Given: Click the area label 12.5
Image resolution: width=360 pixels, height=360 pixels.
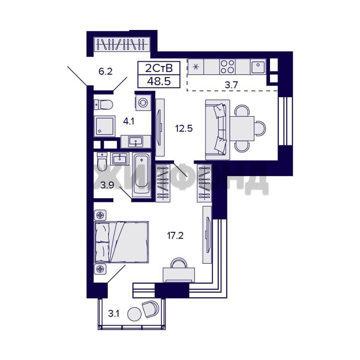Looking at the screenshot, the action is point(184,128).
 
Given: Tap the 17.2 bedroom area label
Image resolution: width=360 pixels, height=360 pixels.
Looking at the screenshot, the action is point(175,236).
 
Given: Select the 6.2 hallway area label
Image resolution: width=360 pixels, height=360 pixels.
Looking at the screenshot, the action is point(105,71).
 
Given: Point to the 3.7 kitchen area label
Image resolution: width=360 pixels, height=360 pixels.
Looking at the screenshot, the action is point(231,85).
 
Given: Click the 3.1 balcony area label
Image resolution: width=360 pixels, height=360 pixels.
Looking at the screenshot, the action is point(114,313).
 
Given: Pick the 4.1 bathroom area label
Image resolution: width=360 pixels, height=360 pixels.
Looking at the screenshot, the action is point(129,121).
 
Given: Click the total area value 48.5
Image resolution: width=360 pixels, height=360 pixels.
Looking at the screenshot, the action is point(159,81).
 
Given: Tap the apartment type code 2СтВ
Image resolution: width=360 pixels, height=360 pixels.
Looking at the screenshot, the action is point(159,68).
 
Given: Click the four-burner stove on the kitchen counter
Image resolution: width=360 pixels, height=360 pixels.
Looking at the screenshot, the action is point(227,67).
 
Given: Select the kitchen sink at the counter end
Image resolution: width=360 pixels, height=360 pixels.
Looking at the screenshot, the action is point(258,67).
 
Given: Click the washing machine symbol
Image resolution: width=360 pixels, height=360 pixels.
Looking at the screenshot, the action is point(143,102).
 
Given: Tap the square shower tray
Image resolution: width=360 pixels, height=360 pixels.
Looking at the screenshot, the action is point(104,126).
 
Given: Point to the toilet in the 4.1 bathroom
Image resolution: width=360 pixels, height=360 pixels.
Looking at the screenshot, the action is point(103,105).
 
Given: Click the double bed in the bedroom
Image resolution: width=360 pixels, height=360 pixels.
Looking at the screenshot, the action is point(121,242).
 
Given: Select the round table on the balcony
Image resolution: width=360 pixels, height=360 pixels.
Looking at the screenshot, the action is point(135,314).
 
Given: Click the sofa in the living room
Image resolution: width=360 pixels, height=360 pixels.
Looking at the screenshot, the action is point(217,129).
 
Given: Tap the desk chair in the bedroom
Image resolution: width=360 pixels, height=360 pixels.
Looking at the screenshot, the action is point(179,263).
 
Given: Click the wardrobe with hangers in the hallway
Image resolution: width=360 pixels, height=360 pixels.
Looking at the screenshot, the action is point(122,44).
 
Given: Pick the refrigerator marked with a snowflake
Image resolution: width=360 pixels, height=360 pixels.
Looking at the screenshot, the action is point(196,67).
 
